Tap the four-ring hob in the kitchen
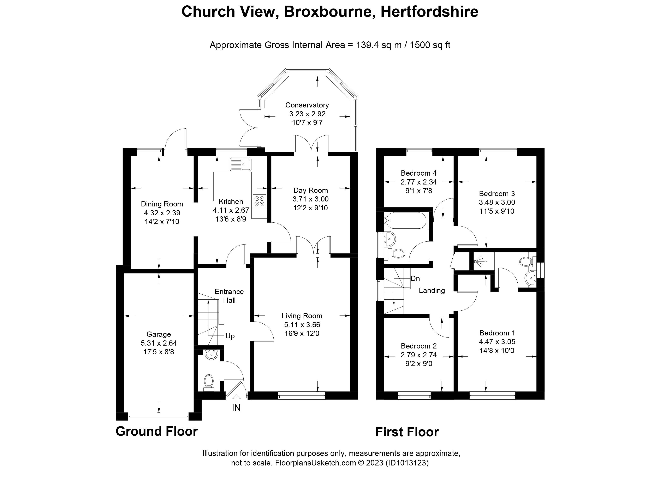click(x=260, y=201)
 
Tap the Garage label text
click(x=159, y=334)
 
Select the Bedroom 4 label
click(x=418, y=173)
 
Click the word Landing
click(x=432, y=291)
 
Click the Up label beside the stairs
click(x=230, y=336)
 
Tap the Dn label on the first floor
click(x=415, y=279)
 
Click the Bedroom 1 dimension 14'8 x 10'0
click(x=497, y=351)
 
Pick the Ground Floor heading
click(x=156, y=431)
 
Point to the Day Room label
click(x=310, y=190)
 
